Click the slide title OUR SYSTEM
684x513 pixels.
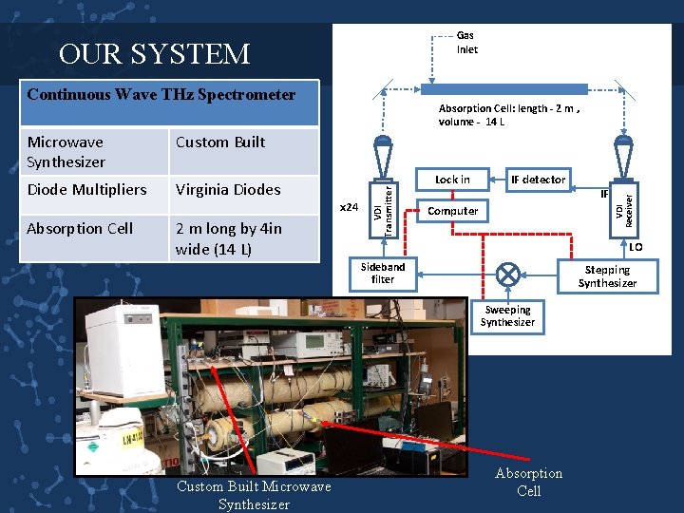pyautogui.click(x=154, y=54)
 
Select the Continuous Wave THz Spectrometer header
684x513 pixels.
pyautogui.click(x=161, y=95)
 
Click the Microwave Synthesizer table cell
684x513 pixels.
pyautogui.click(x=93, y=152)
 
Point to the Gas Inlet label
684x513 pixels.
pyautogui.click(x=467, y=43)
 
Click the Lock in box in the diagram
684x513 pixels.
pyautogui.click(x=452, y=180)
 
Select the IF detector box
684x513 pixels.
pyautogui.click(x=538, y=180)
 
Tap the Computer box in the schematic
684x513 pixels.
pyautogui.click(x=453, y=211)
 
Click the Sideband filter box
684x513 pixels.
pyautogui.click(x=383, y=274)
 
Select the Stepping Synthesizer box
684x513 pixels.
pyautogui.click(x=607, y=276)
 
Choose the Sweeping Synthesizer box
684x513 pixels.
pyautogui.click(x=507, y=316)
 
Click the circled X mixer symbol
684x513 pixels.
pyautogui.click(x=510, y=275)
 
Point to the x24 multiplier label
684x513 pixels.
pyautogui.click(x=350, y=207)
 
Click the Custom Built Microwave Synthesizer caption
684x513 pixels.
pyautogui.click(x=254, y=495)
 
